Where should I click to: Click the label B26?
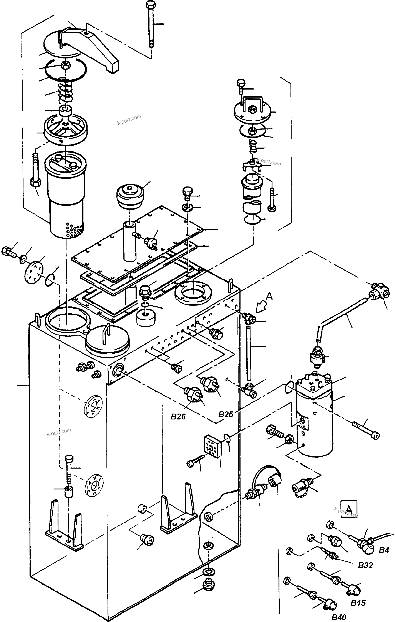[x=178, y=417]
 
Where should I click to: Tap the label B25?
[x=226, y=414]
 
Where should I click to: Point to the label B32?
[x=365, y=565]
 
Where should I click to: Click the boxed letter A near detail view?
[x=349, y=509]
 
